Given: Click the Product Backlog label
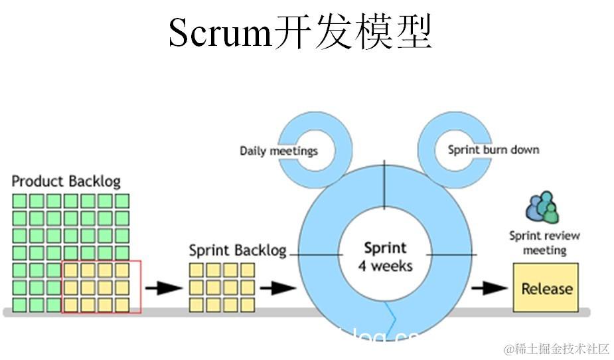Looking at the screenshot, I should point(66,181).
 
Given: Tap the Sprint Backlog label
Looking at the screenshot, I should point(237,250).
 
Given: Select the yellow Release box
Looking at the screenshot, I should point(546,288).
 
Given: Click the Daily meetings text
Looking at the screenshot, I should point(278,151).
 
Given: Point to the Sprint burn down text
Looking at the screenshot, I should point(493,149).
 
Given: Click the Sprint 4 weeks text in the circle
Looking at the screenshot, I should point(384,256).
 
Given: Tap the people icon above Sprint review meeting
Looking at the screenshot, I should point(542,207).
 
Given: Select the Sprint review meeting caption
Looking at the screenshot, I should point(544,242).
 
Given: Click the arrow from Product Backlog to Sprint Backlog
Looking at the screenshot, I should point(163,288).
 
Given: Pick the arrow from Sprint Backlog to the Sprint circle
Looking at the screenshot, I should point(277,288).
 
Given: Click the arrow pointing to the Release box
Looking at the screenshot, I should point(489,288).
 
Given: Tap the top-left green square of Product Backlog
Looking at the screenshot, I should point(19,201).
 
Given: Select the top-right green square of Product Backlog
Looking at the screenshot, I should point(122,201).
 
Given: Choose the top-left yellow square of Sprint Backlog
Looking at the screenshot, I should point(196,270).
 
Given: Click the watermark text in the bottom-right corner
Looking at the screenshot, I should point(556,349).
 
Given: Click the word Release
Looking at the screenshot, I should point(546,289).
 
